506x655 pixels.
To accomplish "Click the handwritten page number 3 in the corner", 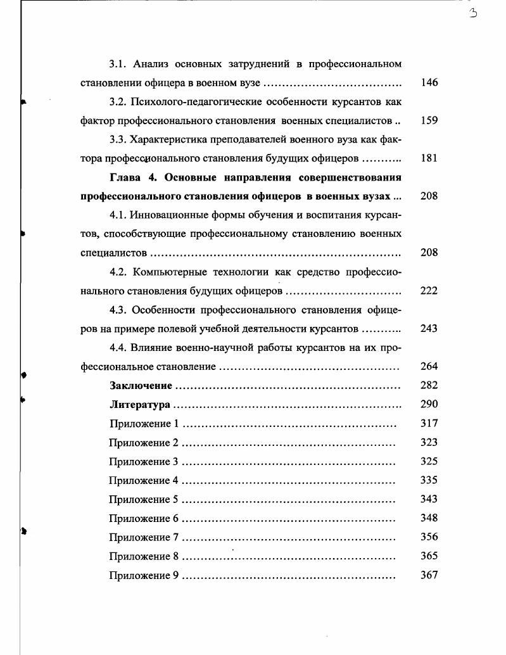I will [x=472, y=14].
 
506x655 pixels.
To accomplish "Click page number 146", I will [x=429, y=83].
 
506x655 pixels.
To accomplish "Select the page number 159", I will [x=429, y=120].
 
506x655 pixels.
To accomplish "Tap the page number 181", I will [x=429, y=158].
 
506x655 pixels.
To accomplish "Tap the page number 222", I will [x=429, y=291].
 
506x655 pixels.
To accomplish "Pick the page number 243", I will [x=429, y=329].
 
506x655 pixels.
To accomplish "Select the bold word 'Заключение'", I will [x=141, y=385].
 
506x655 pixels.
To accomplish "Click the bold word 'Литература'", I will [x=139, y=404].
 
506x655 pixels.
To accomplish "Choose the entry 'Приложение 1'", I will [x=144, y=423].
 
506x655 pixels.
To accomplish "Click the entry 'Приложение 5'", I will [x=144, y=499].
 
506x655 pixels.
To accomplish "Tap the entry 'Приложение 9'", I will [x=144, y=575].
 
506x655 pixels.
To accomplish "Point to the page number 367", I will [x=429, y=575].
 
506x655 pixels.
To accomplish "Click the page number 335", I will [x=429, y=480].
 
